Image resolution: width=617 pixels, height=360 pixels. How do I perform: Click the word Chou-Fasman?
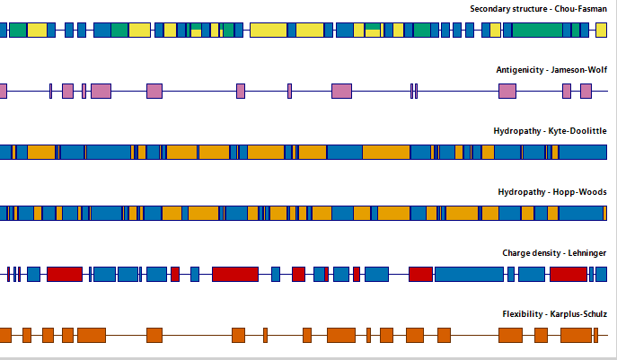[x=580, y=9]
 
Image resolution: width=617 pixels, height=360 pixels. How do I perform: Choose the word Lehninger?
[x=587, y=253]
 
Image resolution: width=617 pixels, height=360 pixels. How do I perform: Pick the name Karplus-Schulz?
[x=578, y=314]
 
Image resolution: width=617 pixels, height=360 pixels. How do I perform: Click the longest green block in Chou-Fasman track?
[x=537, y=31]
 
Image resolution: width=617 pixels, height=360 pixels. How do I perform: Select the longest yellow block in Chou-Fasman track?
[x=269, y=31]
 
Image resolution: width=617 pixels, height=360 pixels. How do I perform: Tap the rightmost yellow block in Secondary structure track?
[x=601, y=31]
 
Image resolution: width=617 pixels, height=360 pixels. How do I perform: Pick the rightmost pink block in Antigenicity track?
[x=586, y=92]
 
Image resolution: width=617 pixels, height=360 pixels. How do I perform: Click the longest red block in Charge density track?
[x=235, y=274]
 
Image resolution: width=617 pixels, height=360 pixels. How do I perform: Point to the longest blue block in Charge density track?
[x=469, y=274]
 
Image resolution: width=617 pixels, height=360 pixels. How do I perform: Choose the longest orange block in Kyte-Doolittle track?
[x=386, y=153]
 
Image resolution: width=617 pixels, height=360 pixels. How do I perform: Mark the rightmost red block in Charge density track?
[x=569, y=274]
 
